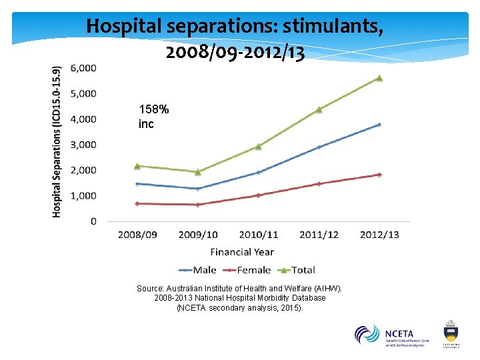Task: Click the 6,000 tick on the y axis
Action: coord(83,68)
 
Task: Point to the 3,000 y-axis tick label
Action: coord(83,145)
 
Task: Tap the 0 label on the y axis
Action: coord(93,221)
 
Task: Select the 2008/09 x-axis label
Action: coord(138,235)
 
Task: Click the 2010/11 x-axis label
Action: coord(258,235)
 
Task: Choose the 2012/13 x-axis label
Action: coord(379,235)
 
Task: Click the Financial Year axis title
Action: coord(242,252)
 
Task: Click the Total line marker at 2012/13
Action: coord(379,78)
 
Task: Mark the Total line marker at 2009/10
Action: coord(197,172)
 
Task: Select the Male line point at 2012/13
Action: coord(379,125)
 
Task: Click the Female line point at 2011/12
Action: coord(319,183)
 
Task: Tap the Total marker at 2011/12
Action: coord(319,109)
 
